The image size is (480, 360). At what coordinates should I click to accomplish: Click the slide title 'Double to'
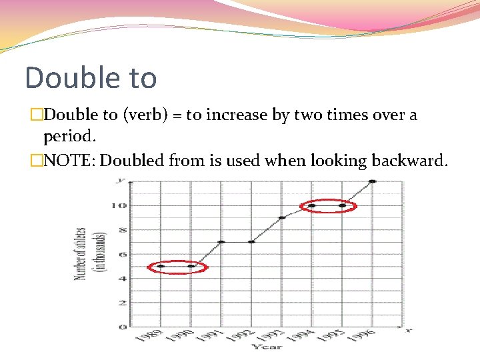(x=91, y=77)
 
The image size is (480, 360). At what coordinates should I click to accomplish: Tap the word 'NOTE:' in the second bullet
(x=69, y=161)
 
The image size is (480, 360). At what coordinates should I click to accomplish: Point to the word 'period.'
(x=70, y=137)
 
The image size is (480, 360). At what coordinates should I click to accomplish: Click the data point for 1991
(x=221, y=242)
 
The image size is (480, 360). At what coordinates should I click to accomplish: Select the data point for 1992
(x=251, y=242)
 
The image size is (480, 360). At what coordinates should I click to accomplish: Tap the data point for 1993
(x=281, y=217)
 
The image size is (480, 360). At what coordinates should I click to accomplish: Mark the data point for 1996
(x=372, y=181)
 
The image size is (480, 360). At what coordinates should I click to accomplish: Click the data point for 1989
(x=161, y=266)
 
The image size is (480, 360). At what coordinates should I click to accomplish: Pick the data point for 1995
(x=342, y=205)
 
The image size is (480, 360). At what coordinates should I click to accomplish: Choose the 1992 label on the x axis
(x=243, y=337)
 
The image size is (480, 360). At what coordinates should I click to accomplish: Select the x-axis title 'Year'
(x=267, y=347)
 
